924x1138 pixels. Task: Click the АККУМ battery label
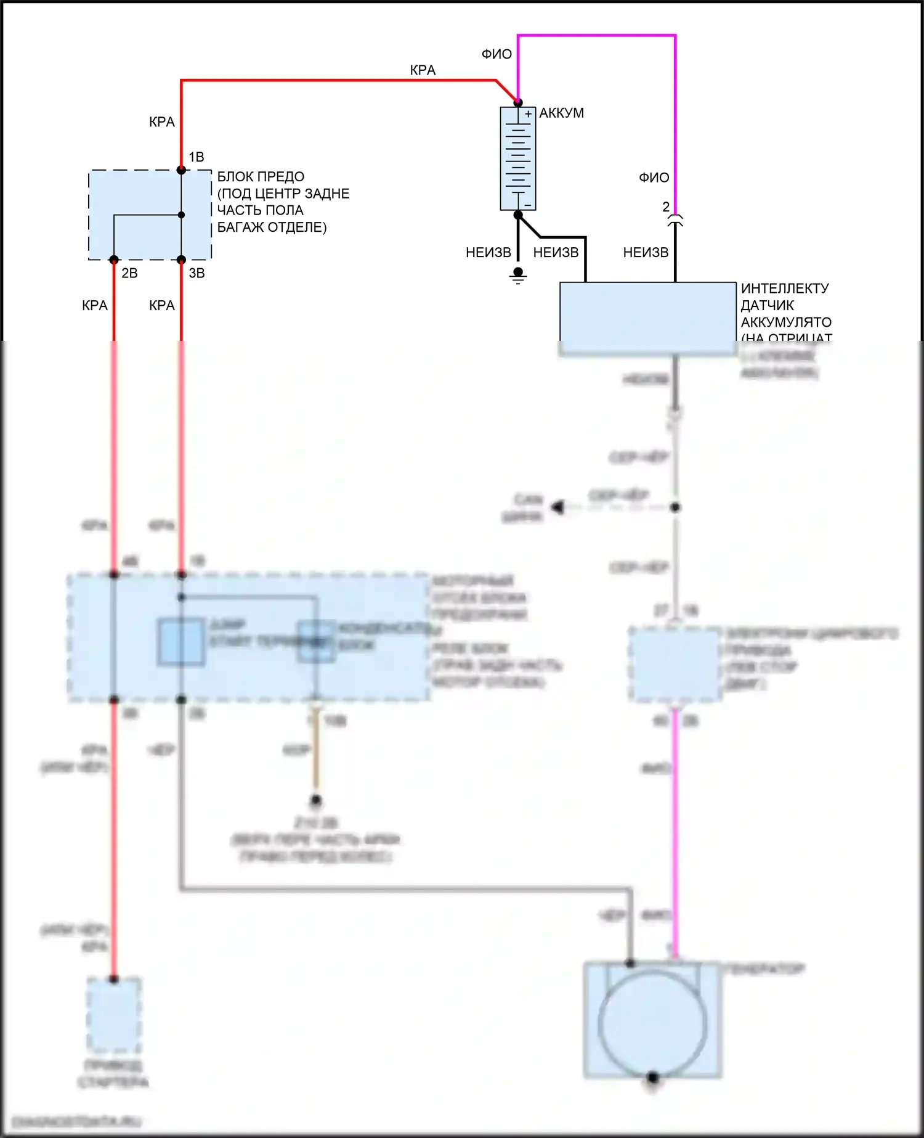click(x=561, y=113)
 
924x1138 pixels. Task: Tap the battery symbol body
click(x=518, y=159)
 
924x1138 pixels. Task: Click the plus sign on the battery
click(x=528, y=114)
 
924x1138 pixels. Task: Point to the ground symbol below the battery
click(x=518, y=276)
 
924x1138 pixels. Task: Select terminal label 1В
click(x=197, y=157)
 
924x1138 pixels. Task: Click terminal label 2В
click(x=129, y=273)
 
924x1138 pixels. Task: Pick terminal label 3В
click(x=197, y=273)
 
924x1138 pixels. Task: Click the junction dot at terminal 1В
click(x=181, y=170)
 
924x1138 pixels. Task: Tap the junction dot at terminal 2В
click(x=114, y=260)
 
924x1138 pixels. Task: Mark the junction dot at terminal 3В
click(x=181, y=260)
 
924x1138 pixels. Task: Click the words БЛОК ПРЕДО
click(x=261, y=177)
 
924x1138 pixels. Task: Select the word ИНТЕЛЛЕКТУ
click(x=785, y=289)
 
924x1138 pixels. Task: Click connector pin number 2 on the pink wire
click(x=666, y=207)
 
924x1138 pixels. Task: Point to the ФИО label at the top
click(x=496, y=54)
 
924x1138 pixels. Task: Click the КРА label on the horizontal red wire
click(x=423, y=70)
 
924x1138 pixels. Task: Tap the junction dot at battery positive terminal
click(x=518, y=102)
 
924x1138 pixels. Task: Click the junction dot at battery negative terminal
click(x=518, y=215)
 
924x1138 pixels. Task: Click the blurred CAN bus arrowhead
click(x=558, y=507)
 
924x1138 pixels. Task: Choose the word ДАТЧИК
click(x=767, y=305)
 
